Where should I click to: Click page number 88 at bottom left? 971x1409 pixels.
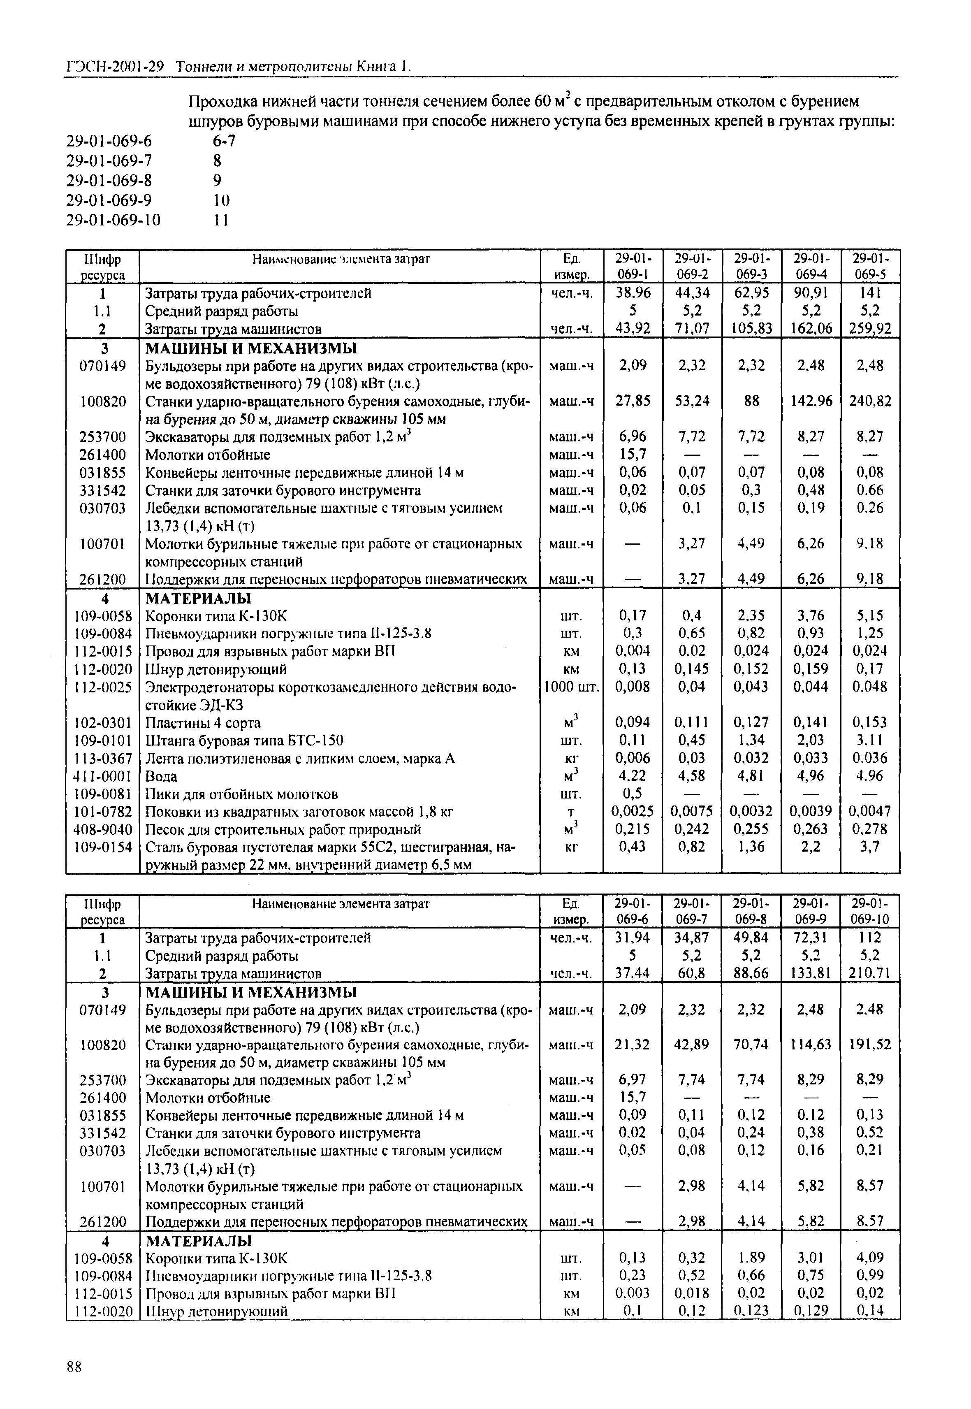click(x=74, y=1367)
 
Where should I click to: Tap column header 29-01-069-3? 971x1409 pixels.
click(x=751, y=266)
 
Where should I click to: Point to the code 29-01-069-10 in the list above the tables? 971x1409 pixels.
click(x=114, y=220)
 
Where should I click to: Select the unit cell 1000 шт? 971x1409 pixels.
click(x=571, y=687)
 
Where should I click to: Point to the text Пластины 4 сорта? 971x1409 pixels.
click(x=203, y=723)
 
